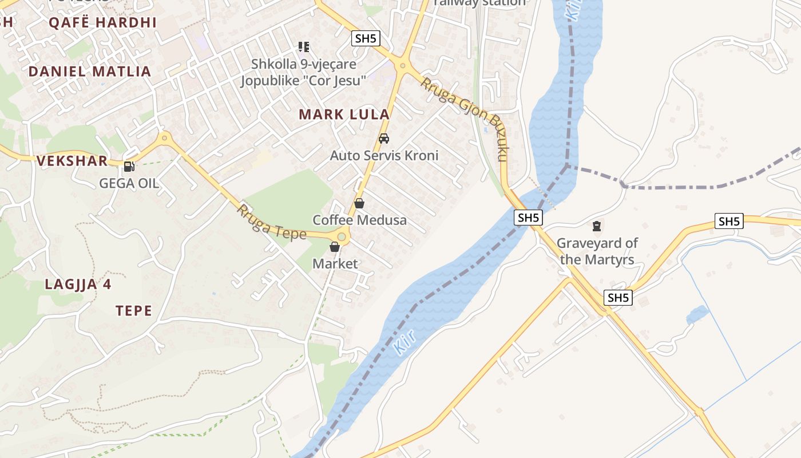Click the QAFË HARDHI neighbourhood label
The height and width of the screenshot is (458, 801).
102,23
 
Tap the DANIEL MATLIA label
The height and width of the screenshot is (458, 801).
90,72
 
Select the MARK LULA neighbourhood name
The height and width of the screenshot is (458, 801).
344,114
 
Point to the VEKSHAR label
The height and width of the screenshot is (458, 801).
72,161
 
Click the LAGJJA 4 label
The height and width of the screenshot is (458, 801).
78,285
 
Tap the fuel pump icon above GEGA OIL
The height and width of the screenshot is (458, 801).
129,167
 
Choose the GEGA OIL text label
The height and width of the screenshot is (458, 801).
129,184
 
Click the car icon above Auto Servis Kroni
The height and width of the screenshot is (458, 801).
384,139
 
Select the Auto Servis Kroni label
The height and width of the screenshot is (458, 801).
384,155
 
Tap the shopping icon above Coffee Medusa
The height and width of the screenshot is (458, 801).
359,203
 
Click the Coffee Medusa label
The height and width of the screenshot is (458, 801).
359,220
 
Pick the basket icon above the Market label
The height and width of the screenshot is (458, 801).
335,247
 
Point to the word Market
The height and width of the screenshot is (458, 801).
335,264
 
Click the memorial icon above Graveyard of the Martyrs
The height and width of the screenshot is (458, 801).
597,226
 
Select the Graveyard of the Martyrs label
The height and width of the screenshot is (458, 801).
597,251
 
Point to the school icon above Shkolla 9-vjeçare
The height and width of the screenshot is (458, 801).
304,47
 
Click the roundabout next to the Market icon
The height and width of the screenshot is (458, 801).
342,236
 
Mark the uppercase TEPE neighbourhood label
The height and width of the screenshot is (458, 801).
134,311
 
